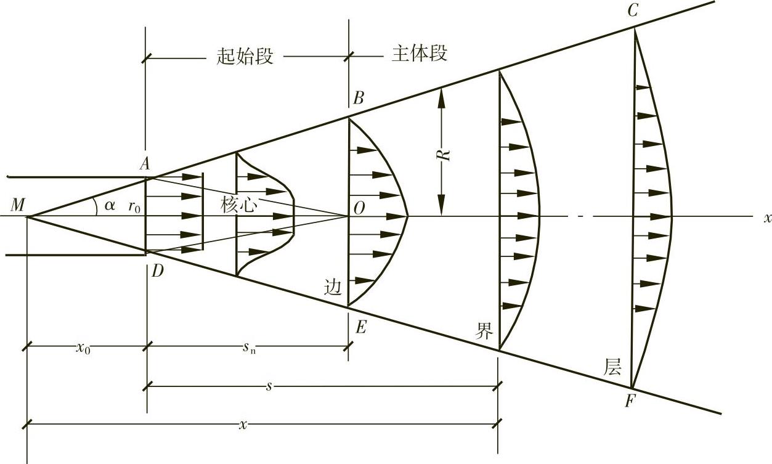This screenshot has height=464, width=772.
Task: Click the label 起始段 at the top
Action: tap(245, 56)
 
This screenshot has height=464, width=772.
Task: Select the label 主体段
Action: tap(420, 54)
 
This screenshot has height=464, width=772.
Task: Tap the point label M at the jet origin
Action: tap(18, 205)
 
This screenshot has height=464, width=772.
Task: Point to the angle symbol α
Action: tap(110, 206)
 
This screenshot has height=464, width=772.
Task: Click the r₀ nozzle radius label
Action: tap(134, 207)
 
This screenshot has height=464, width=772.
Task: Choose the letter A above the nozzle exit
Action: tap(145, 163)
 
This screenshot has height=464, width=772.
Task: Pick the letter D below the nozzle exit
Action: tap(158, 272)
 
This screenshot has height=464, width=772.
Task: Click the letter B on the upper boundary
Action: tap(359, 98)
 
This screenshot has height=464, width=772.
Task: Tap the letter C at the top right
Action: tap(632, 11)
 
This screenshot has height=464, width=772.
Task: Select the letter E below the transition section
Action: tap(360, 327)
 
